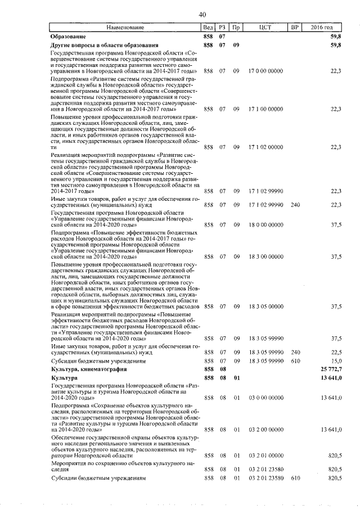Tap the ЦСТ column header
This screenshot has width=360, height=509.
[x=266, y=27]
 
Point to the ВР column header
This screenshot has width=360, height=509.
[x=293, y=27]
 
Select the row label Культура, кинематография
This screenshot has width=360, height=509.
[x=85, y=369]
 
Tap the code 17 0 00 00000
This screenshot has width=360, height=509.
[x=266, y=71]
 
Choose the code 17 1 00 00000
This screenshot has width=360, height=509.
[x=266, y=109]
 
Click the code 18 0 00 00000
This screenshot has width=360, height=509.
[x=266, y=224]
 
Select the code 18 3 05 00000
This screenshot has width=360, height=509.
[x=266, y=307]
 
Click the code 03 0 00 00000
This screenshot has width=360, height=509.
[x=266, y=398]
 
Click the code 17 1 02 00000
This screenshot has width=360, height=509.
[x=266, y=146]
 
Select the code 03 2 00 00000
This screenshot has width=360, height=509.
[x=266, y=429]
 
